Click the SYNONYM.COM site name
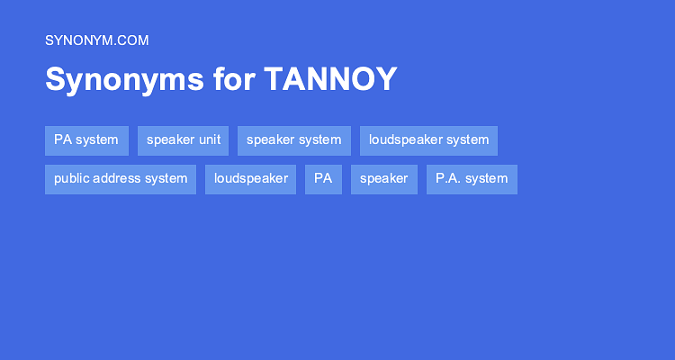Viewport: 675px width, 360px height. point(97,40)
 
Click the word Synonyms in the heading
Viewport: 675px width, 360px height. point(125,80)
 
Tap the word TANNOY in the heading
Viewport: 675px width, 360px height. point(330,80)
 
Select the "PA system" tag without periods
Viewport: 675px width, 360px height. point(86,140)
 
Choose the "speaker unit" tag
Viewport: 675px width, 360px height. point(183,140)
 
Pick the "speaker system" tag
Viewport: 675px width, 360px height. point(293,140)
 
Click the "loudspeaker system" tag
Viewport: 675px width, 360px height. point(428,140)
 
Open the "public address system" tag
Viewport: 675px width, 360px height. point(121,179)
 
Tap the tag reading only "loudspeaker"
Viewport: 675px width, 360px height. point(250,179)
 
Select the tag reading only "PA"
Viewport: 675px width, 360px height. point(323,179)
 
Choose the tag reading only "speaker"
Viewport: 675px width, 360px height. point(383,179)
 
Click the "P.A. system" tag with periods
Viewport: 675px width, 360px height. point(472,179)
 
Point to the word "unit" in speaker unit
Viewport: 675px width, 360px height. point(208,140)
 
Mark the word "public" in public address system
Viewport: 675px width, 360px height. point(71,179)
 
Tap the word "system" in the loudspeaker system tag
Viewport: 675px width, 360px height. point(468,140)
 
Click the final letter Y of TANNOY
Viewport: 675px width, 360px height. point(385,80)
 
